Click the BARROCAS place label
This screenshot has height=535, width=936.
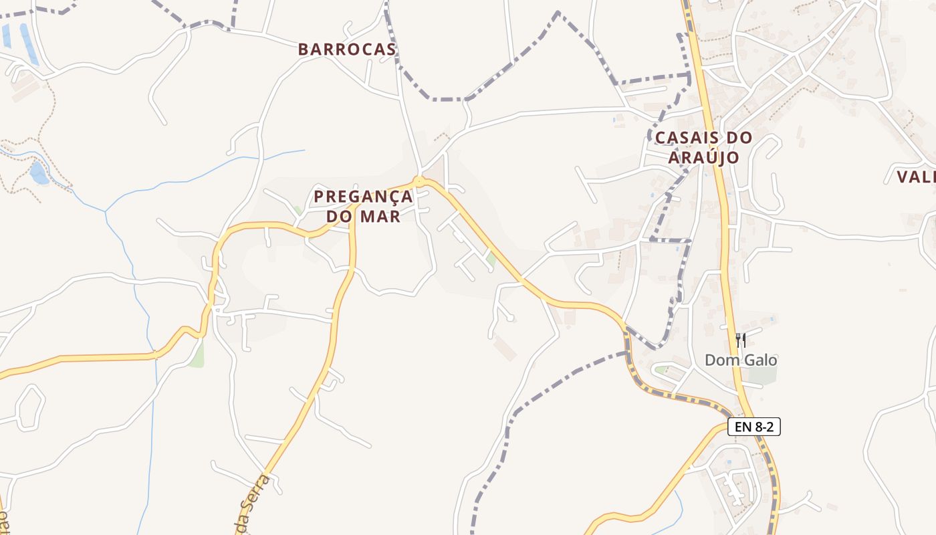pyautogui.click(x=346, y=49)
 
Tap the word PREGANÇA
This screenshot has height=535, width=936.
pyautogui.click(x=363, y=197)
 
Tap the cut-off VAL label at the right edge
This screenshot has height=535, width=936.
pyautogui.click(x=916, y=177)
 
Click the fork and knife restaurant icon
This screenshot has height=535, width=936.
pyautogui.click(x=740, y=340)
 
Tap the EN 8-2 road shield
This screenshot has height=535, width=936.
pyautogui.click(x=753, y=427)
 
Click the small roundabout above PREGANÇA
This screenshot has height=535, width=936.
pyautogui.click(x=419, y=181)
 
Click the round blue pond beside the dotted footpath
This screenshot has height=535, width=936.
pyautogui.click(x=39, y=173)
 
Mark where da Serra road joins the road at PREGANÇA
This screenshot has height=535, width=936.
pyautogui.click(x=352, y=207)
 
